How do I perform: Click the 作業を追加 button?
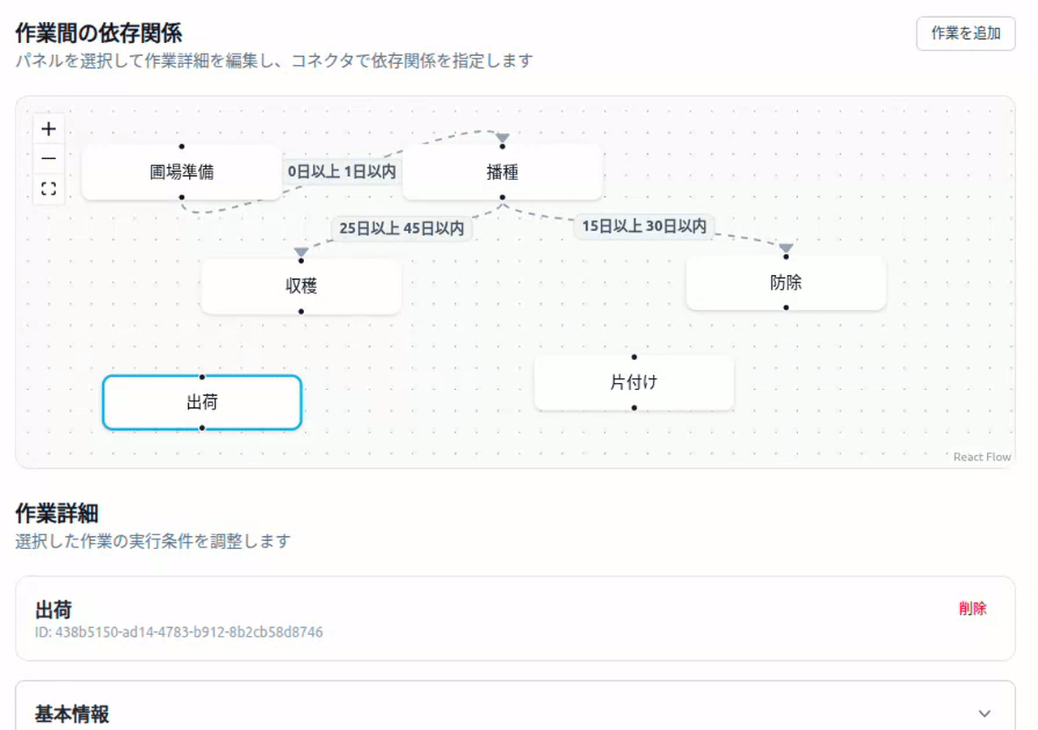click(x=965, y=33)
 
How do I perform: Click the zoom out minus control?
click(x=49, y=159)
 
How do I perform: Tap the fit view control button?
click(x=49, y=189)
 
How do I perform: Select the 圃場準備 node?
click(x=182, y=172)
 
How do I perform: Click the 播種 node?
click(x=502, y=172)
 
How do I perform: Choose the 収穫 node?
click(x=301, y=286)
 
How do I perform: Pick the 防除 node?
click(x=786, y=282)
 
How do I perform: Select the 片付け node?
click(x=633, y=382)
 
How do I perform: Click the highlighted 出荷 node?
click(x=201, y=401)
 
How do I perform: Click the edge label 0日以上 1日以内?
click(x=341, y=172)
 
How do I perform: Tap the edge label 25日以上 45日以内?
click(x=401, y=229)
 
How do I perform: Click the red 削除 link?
click(x=972, y=608)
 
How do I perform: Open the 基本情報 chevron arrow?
click(x=984, y=714)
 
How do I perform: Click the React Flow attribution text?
click(x=981, y=457)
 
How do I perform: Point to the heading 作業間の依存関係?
click(x=98, y=33)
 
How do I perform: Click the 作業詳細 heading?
click(x=57, y=513)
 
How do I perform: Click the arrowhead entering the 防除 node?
click(x=786, y=248)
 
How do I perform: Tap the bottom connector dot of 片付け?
click(x=634, y=408)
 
